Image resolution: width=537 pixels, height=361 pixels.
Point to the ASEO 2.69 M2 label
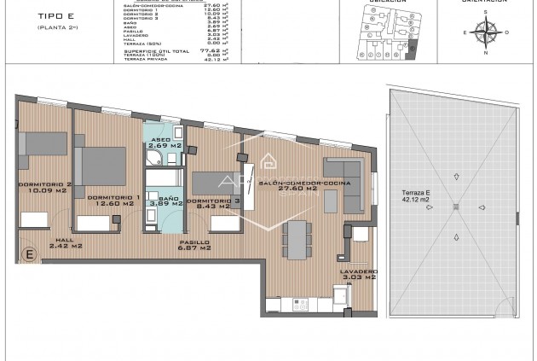coord(164,144)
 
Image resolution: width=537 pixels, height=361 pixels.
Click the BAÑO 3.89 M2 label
coord(165,201)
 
